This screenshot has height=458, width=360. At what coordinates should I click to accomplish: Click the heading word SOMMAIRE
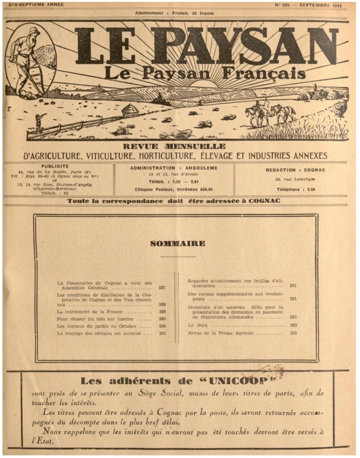click(x=177, y=243)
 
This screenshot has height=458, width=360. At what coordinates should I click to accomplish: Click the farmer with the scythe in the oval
click(x=26, y=62)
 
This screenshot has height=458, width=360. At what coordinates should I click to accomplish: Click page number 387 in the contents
click(x=161, y=288)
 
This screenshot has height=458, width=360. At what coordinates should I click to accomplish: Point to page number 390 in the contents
click(x=161, y=325)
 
